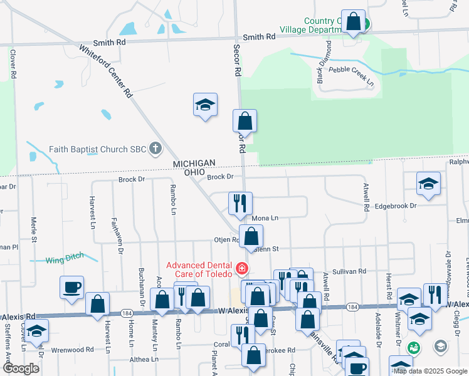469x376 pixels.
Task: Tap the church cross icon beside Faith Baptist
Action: click(x=156, y=149)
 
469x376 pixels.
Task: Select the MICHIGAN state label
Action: click(x=194, y=164)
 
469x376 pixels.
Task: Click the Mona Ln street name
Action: click(x=265, y=218)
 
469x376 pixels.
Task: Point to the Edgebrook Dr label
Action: click(x=396, y=206)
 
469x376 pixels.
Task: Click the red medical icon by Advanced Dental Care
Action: click(x=241, y=269)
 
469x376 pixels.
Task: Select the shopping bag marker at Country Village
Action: click(x=354, y=21)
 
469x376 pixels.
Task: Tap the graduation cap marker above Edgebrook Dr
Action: click(x=428, y=183)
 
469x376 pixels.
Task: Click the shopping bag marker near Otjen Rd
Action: click(x=251, y=236)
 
